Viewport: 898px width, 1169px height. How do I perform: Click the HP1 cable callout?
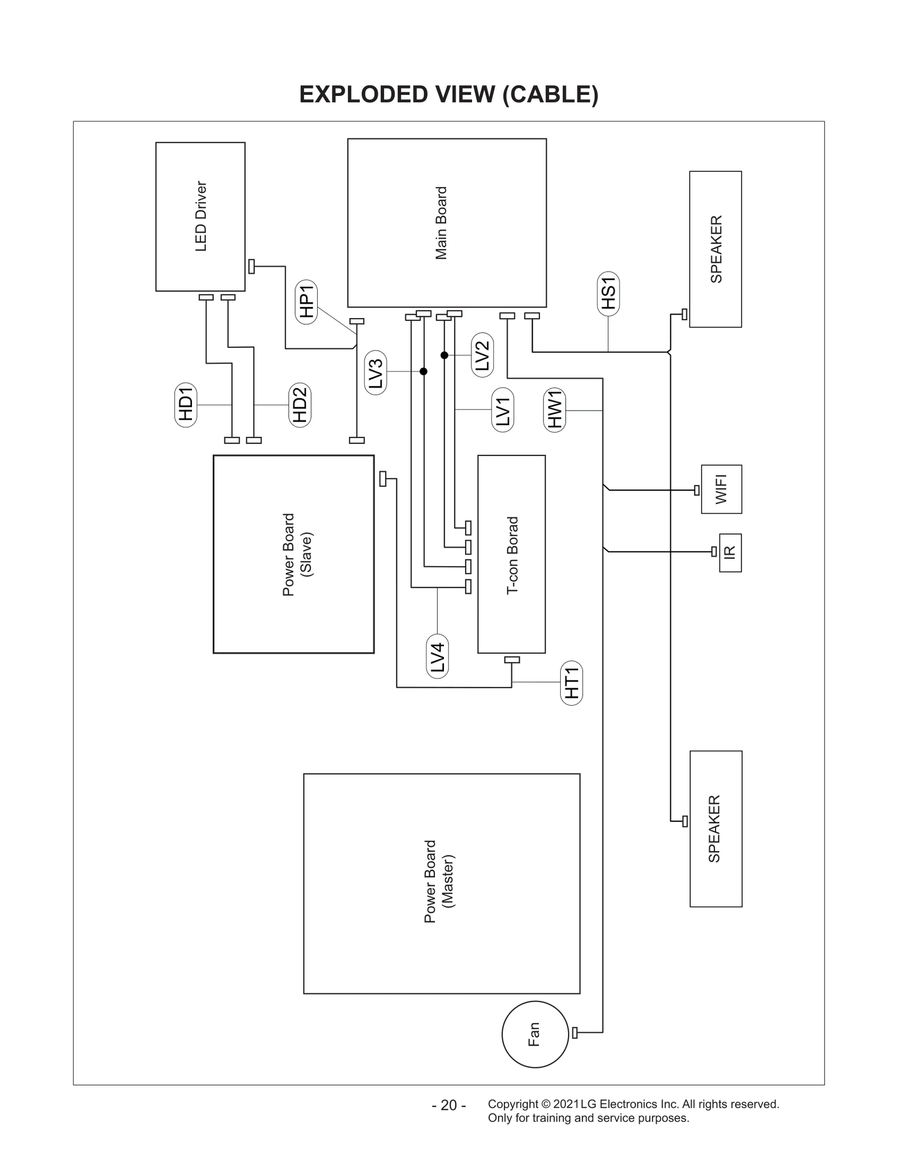(x=306, y=302)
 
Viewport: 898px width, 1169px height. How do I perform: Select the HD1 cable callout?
(x=186, y=404)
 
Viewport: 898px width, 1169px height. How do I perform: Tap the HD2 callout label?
(x=300, y=404)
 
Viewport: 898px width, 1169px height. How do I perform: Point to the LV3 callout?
(x=375, y=372)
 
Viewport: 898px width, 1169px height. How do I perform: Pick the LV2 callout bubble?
(x=482, y=355)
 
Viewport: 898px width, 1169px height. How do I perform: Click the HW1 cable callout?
(x=555, y=410)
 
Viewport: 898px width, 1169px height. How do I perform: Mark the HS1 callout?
(x=608, y=293)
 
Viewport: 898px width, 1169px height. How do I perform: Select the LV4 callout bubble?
(x=437, y=656)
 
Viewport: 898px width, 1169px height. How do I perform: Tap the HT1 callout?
(x=571, y=683)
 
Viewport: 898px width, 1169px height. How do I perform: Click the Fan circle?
(x=535, y=1034)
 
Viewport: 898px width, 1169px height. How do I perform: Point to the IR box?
(x=730, y=553)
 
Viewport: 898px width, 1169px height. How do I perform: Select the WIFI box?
(x=721, y=489)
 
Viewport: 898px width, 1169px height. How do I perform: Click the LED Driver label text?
(x=201, y=217)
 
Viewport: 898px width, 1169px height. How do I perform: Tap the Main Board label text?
(x=441, y=223)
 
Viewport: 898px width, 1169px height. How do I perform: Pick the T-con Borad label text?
(x=512, y=555)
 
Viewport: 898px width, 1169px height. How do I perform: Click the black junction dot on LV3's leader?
(x=424, y=371)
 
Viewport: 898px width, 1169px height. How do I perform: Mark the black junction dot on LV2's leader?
(x=444, y=355)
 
